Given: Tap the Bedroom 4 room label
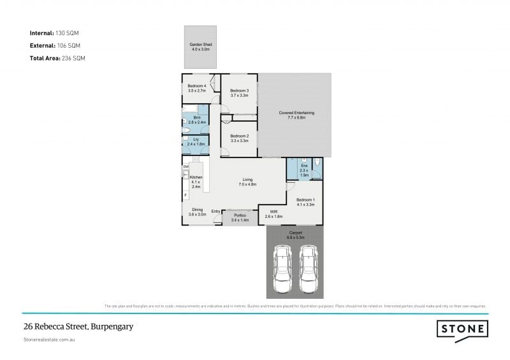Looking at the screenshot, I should pos(196,86).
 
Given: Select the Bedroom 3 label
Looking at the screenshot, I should pos(239,90).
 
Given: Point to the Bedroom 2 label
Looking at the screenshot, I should pos(239,136).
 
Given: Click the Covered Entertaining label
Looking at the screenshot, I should pos(296,113).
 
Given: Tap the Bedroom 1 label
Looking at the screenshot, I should pos(304,200).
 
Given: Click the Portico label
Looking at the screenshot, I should pos(240,215).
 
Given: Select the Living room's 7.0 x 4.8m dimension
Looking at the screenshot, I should pos(247,184).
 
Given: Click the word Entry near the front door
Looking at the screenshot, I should pos(215,212).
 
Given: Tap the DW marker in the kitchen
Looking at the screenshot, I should pos(186,167).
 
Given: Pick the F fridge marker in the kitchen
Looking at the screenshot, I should pos(186,194).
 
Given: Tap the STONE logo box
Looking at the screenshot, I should pos(462,329).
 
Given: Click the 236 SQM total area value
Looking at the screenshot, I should pos(73,58).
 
